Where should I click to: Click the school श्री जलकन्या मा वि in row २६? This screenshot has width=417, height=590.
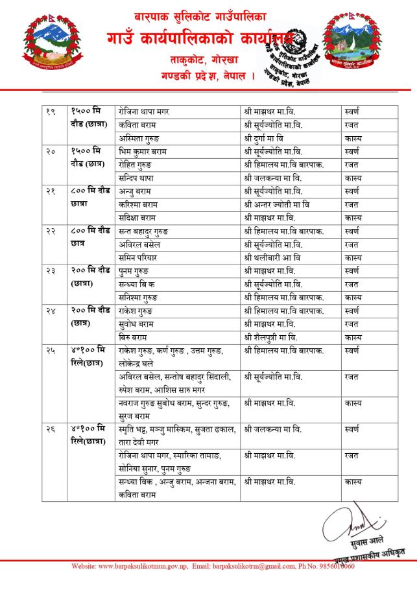[273, 429]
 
